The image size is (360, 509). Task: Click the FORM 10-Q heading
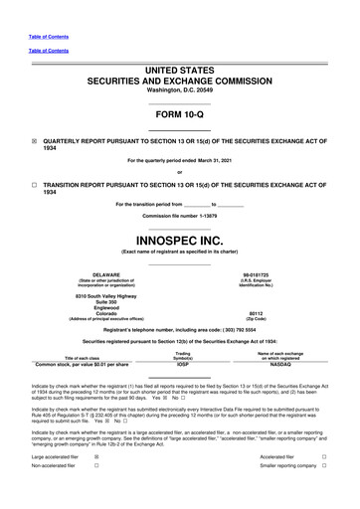[179, 115]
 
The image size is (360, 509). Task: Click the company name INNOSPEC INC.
[179, 242]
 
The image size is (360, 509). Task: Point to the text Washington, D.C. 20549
[179, 89]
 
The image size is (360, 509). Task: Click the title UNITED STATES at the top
[179, 64]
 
